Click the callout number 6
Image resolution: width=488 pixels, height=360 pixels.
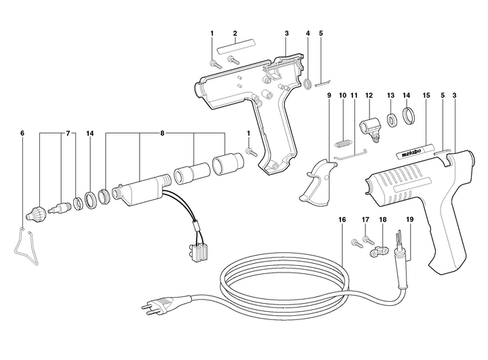(22, 134)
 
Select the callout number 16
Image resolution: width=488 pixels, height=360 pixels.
(342, 220)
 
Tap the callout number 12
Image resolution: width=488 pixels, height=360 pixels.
(369, 96)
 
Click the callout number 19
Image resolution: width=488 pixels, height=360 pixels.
(409, 220)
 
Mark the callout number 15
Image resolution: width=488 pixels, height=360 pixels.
(426, 96)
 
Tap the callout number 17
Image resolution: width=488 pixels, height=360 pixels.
(365, 220)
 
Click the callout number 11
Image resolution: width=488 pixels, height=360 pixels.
(354, 96)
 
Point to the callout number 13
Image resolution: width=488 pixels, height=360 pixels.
(390, 96)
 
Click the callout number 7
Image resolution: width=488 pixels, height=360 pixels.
(68, 134)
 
